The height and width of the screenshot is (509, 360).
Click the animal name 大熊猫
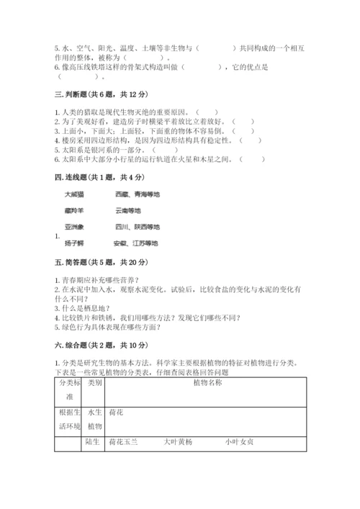pyautogui.click(x=74, y=194)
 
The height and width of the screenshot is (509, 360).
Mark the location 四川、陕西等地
pyautogui.click(x=137, y=227)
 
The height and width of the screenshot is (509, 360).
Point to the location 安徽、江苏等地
pyautogui.click(x=135, y=243)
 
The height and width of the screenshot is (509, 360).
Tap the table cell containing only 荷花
pyautogui.click(x=116, y=413)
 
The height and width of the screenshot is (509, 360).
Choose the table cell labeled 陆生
pyautogui.click(x=91, y=441)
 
